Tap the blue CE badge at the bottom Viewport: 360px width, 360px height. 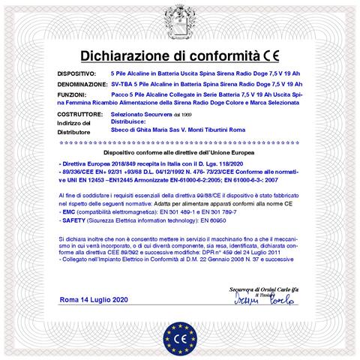tap(180, 331)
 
